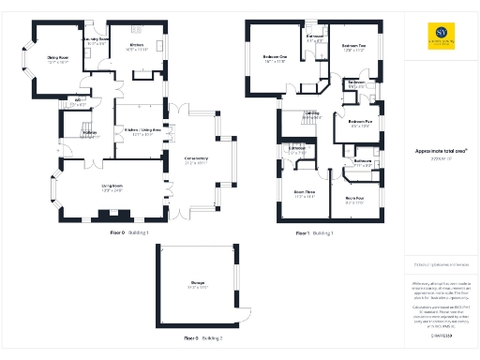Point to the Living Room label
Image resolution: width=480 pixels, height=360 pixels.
pyautogui.click(x=113, y=188)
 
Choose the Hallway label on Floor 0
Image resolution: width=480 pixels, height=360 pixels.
pyautogui.click(x=90, y=134)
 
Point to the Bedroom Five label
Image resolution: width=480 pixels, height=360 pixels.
pyautogui.click(x=360, y=123)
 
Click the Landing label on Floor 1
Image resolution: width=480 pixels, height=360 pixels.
pyautogui.click(x=312, y=115)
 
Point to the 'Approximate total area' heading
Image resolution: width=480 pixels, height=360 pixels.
pyautogui.click(x=435, y=150)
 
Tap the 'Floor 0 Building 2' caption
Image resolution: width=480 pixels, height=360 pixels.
pyautogui.click(x=202, y=337)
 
